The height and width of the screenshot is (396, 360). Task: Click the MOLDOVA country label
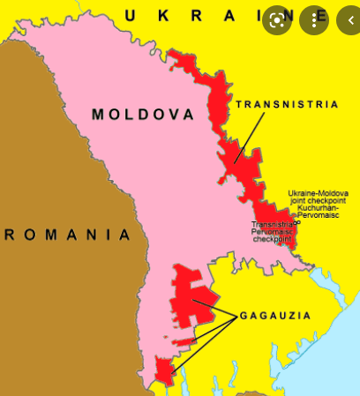[x=135, y=115]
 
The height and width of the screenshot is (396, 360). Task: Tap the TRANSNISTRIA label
[x=288, y=104]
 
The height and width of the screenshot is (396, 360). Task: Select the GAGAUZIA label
[x=273, y=316]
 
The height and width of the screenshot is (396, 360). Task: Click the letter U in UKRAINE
[x=131, y=14]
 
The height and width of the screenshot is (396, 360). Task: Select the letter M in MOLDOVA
[x=99, y=115]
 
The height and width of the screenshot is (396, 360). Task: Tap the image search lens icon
[x=279, y=19]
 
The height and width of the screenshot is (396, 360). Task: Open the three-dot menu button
[x=313, y=19]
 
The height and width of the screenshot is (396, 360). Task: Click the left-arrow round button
[x=347, y=19]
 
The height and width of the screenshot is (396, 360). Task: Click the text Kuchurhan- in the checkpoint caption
[x=317, y=208]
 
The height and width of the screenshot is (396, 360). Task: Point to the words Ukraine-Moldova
[x=318, y=193]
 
